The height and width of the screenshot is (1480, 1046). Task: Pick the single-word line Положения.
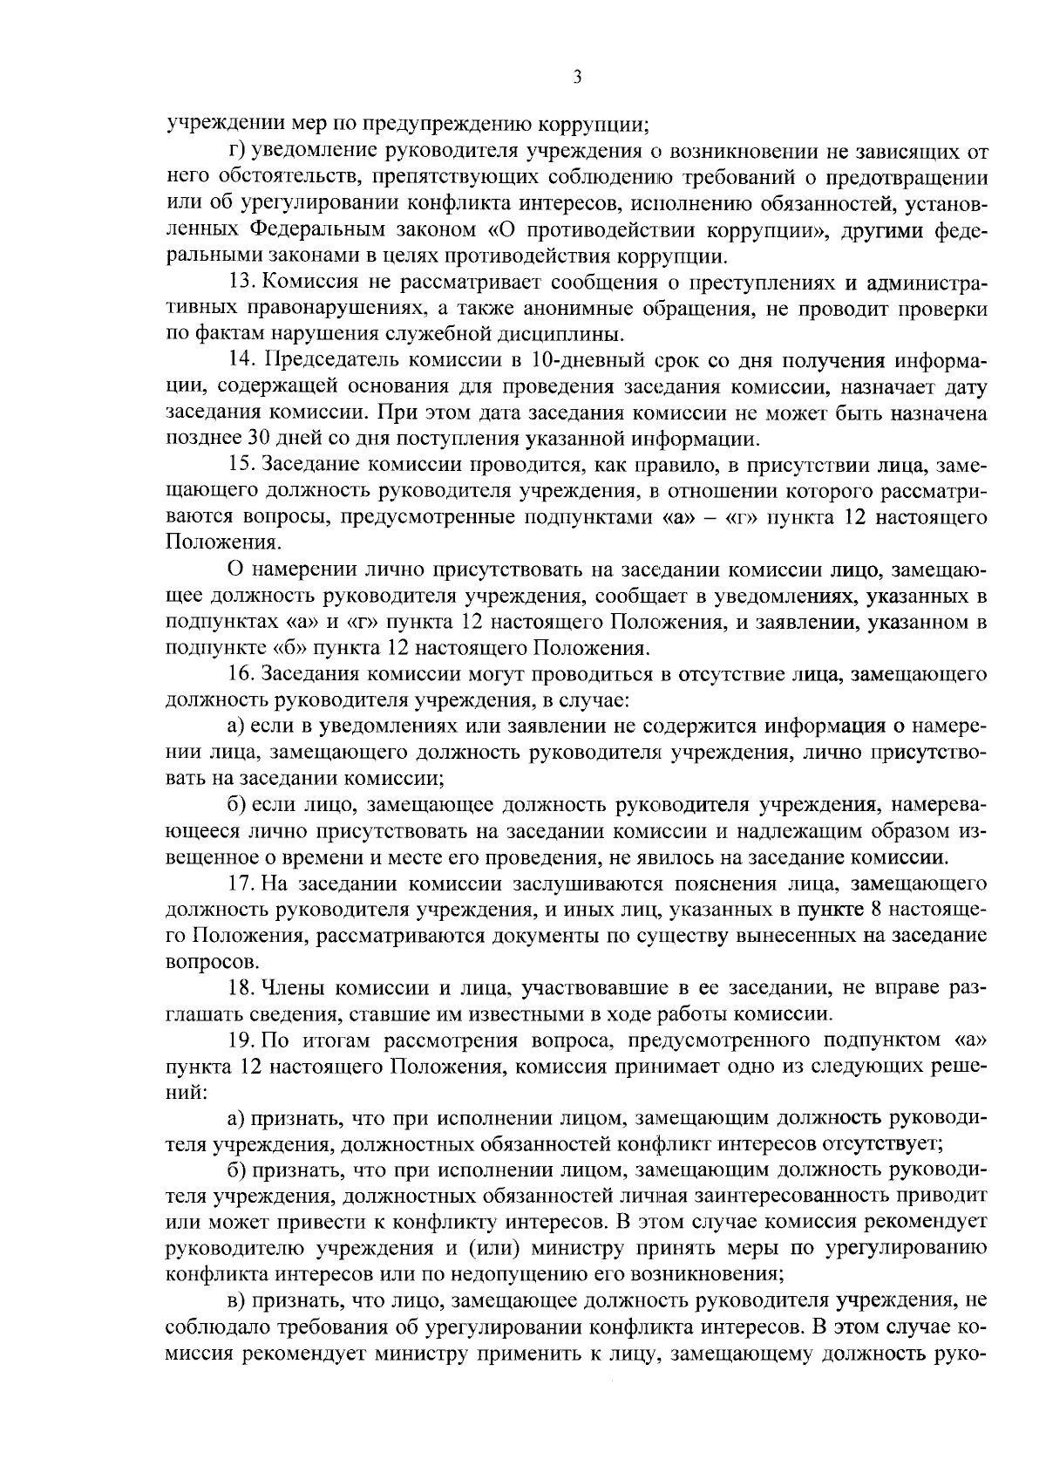click(223, 542)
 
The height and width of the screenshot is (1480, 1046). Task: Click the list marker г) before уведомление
click(234, 153)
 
